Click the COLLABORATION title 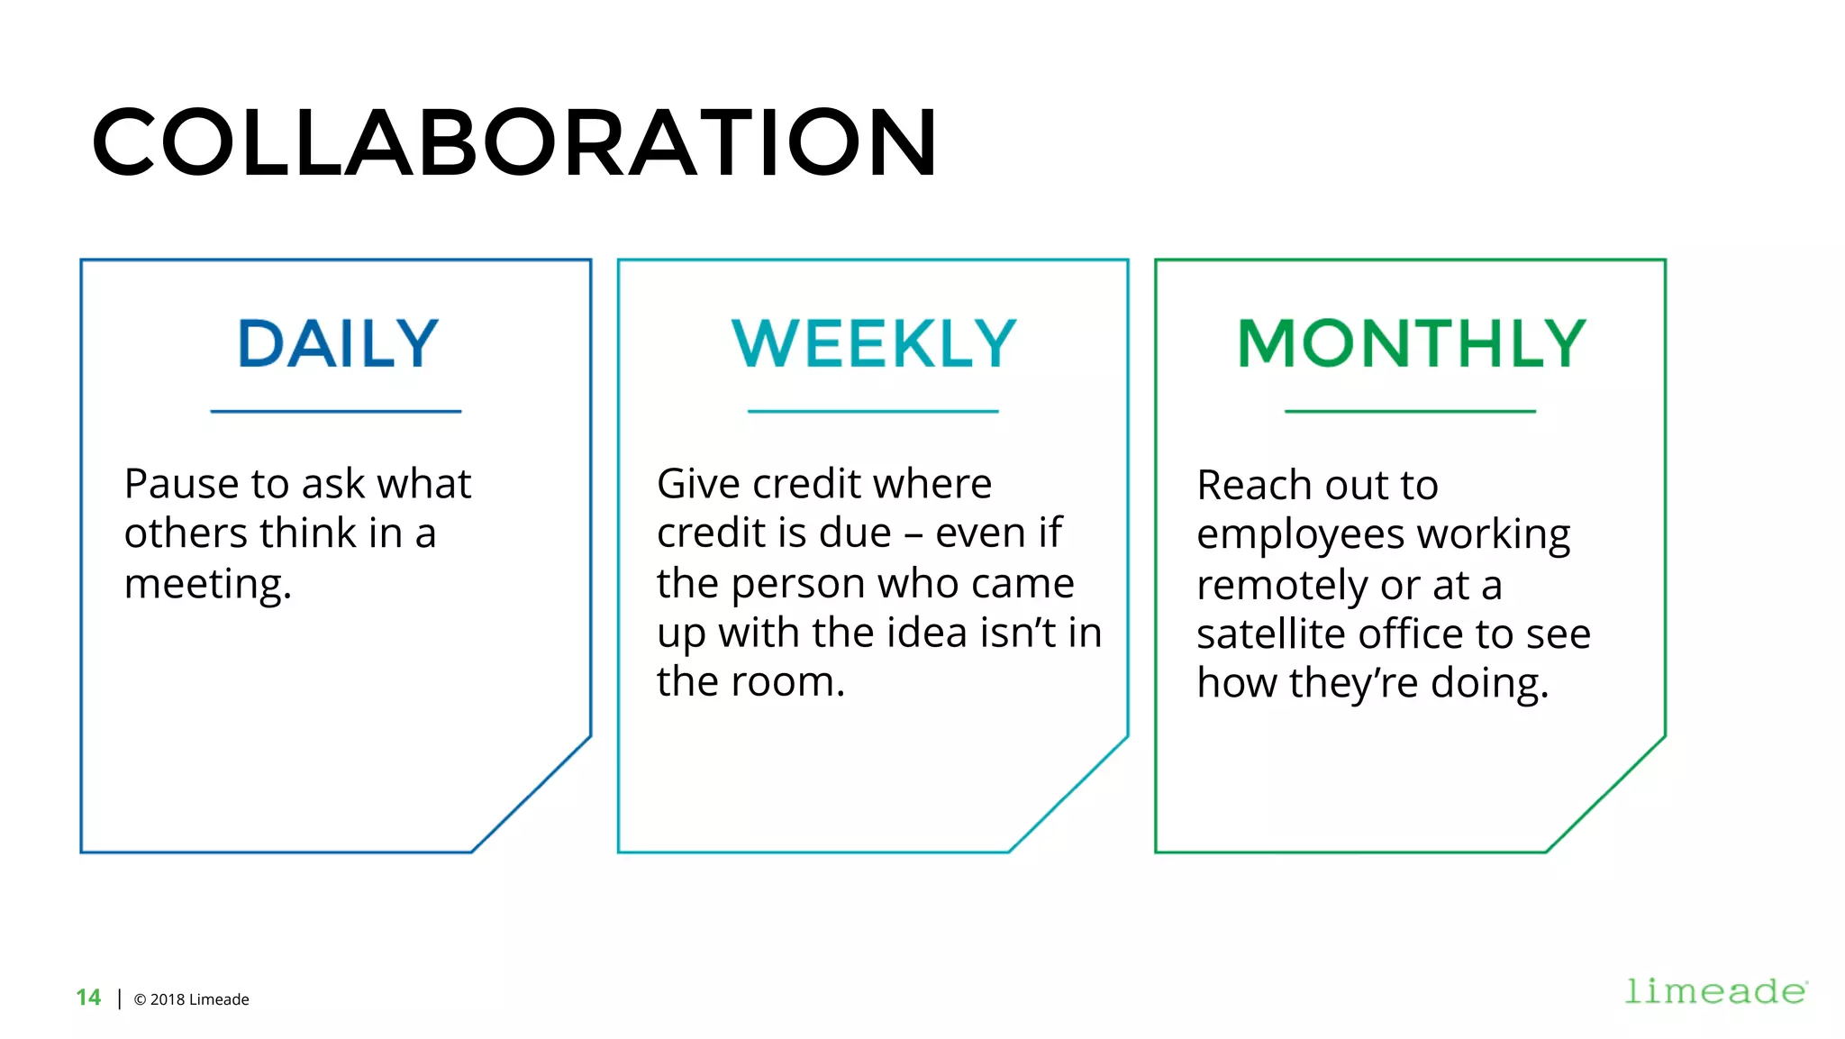coord(514,142)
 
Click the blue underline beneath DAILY coord(336,412)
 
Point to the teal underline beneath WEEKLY coord(873,412)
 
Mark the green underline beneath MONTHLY coord(1410,412)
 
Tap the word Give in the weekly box coord(698,484)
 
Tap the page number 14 coord(88,998)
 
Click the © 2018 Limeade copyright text coord(191,999)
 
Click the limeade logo coord(1715,991)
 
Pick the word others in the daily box coord(187,533)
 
